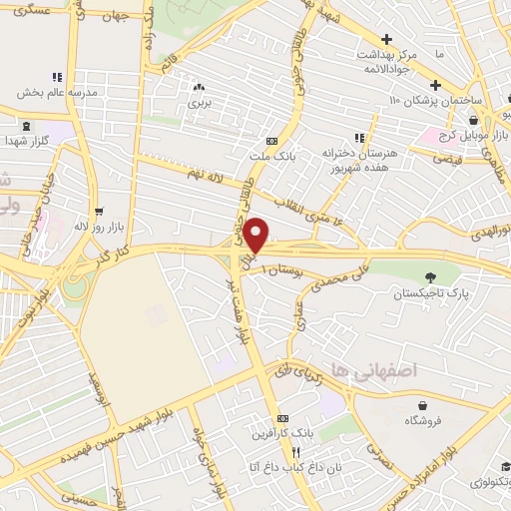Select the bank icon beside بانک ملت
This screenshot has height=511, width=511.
271,141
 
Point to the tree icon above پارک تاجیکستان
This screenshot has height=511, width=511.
430,276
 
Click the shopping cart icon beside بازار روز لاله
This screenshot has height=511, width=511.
99,212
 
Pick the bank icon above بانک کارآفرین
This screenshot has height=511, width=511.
282,418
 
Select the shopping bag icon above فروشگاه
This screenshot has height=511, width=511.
423,405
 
